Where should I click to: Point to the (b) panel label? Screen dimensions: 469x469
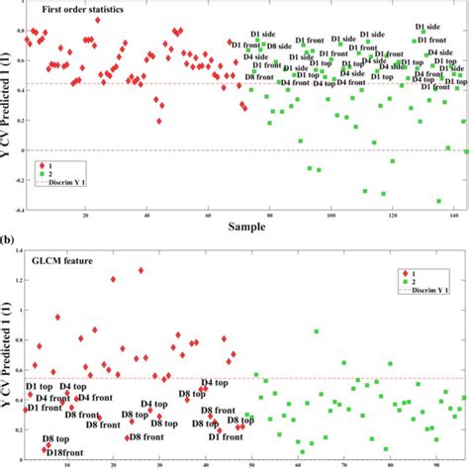click(x=9, y=239)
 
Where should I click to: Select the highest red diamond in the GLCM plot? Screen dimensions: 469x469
click(x=141, y=270)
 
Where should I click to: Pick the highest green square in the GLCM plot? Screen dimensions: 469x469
click(x=317, y=331)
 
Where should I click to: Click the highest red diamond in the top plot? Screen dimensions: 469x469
click(x=97, y=20)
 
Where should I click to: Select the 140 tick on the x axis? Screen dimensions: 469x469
click(x=450, y=217)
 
